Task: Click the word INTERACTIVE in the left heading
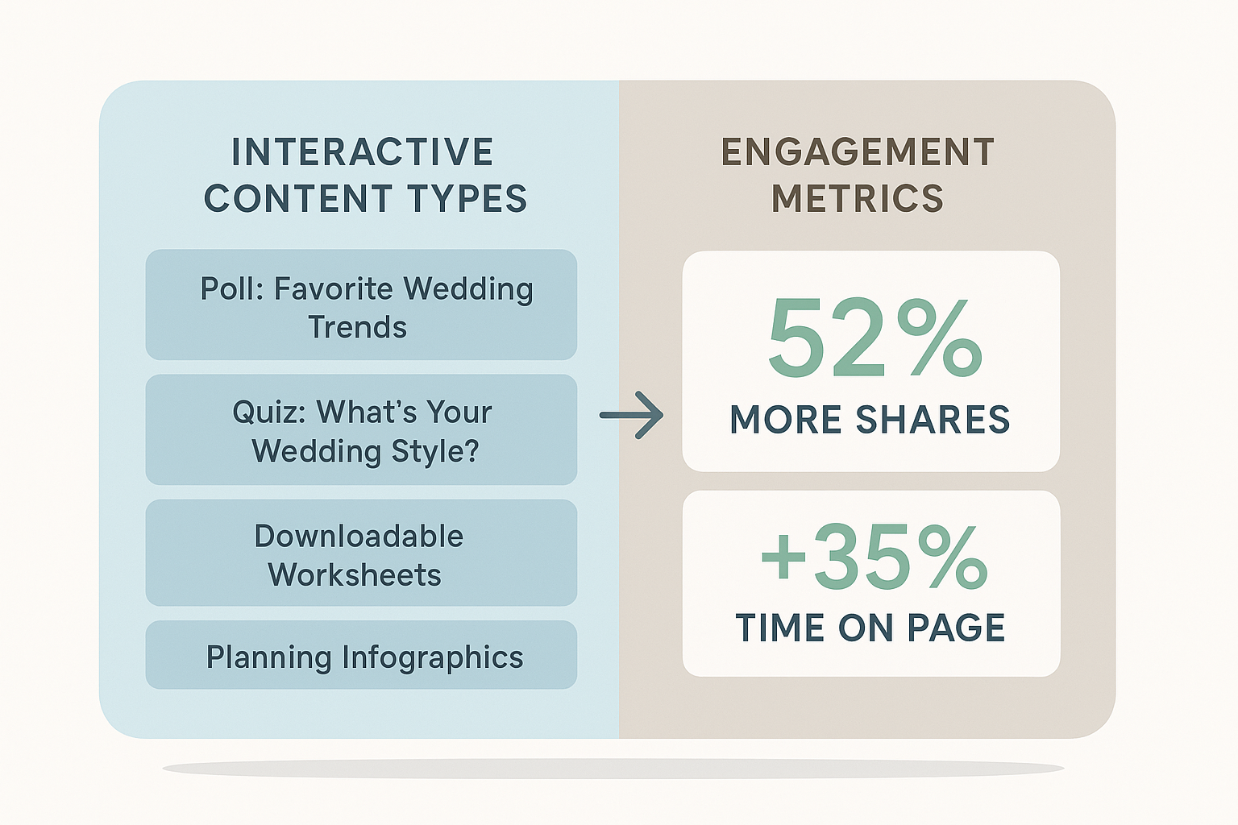click(x=362, y=152)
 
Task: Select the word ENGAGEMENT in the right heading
click(x=858, y=152)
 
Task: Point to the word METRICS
click(x=858, y=199)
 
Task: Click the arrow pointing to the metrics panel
click(x=632, y=415)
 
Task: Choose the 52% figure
click(x=874, y=339)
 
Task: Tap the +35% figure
click(x=874, y=557)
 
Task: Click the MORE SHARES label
click(x=870, y=420)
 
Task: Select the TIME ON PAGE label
click(x=870, y=628)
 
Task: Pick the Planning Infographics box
click(x=361, y=655)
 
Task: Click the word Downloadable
click(x=359, y=537)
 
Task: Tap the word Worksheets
click(x=355, y=575)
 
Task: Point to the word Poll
click(x=231, y=289)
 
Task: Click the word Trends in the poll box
click(x=357, y=328)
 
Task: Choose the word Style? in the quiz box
click(x=434, y=451)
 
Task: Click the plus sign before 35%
click(x=783, y=557)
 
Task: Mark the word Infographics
click(x=433, y=657)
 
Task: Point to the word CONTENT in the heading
click(x=299, y=199)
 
